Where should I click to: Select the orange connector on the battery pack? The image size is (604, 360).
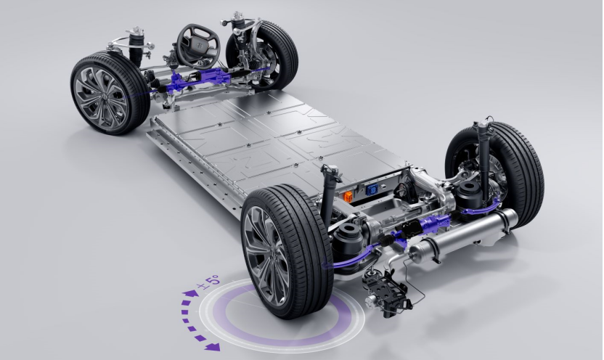tap(348, 197)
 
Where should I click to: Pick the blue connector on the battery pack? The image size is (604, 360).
tap(372, 190)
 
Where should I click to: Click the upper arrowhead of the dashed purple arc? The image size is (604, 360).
tap(191, 294)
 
